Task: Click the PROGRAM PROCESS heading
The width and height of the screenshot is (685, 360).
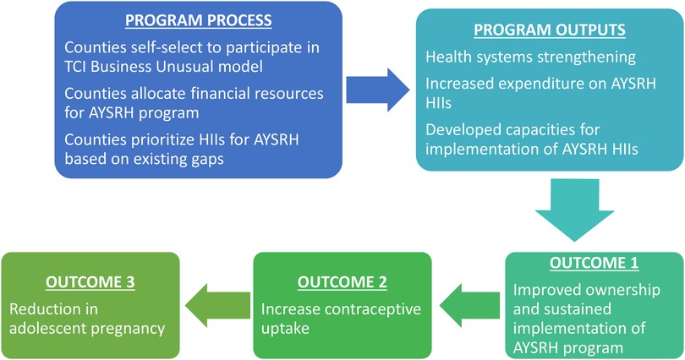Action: [x=199, y=20]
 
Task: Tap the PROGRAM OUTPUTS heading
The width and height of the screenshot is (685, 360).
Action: [x=550, y=30]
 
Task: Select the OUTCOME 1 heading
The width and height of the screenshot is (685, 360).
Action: [x=595, y=263]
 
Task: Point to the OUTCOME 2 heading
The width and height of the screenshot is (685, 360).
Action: [x=342, y=282]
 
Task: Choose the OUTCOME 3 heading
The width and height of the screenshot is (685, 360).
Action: [x=90, y=282]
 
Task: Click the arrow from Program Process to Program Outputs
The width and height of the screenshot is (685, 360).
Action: [x=378, y=90]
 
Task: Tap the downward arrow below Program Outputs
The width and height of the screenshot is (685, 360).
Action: [x=574, y=210]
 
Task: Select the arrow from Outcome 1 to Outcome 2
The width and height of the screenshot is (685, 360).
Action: [x=469, y=305]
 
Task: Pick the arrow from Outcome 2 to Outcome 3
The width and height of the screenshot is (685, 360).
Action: [x=218, y=305]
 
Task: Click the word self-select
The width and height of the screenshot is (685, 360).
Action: [x=162, y=47]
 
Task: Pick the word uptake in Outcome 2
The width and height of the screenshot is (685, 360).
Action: [x=285, y=329]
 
